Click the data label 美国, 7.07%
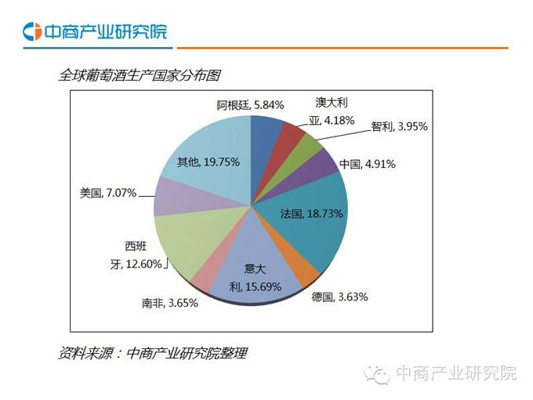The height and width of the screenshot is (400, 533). point(108,192)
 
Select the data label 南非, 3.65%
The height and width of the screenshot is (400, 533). point(169,303)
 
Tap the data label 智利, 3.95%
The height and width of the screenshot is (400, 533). point(399,126)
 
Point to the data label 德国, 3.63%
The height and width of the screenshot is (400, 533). point(339,296)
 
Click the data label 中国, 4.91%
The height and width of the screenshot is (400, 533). point(367,165)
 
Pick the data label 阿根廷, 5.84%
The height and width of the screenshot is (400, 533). point(250,104)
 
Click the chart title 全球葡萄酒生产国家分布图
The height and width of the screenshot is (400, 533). point(140,75)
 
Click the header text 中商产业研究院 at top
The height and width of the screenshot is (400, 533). point(105,32)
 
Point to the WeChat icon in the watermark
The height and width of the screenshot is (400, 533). point(381,373)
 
